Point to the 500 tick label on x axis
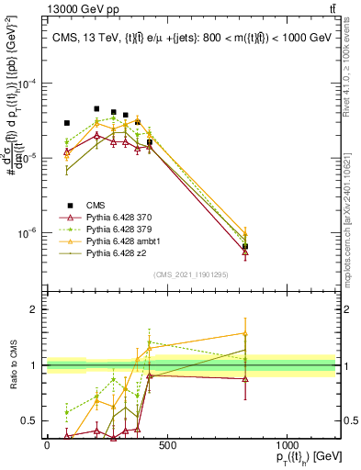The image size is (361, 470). [x=166, y=443]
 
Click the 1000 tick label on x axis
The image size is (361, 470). [x=286, y=443]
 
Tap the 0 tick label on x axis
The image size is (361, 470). [x=47, y=443]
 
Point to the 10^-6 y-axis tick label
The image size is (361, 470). [x=26, y=233]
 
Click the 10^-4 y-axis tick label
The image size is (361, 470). [x=26, y=83]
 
